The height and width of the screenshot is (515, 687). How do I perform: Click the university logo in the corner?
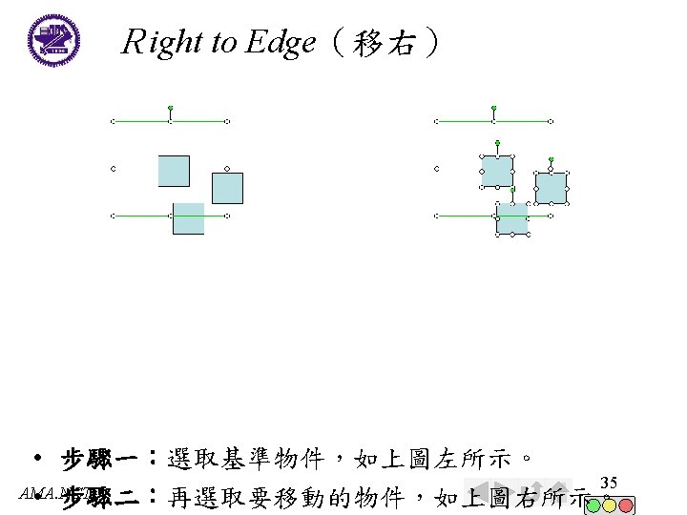point(53,39)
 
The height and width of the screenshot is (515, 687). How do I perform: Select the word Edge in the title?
point(280,42)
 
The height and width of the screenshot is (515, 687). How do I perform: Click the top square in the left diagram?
point(174,171)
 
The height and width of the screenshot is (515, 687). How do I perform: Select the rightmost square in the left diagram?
point(227,188)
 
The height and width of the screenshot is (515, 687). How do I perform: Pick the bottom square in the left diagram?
point(188,218)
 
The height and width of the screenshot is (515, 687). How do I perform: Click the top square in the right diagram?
point(497,171)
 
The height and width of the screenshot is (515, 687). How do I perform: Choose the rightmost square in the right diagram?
point(551,188)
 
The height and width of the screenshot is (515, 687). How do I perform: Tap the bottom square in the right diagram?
point(512,218)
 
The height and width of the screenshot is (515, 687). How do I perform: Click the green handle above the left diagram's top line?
point(170,108)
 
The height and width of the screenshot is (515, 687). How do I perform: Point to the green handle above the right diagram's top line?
point(493,108)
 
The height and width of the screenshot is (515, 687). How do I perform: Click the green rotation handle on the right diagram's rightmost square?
point(551,159)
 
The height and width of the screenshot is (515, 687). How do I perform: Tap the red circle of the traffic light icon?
point(626,504)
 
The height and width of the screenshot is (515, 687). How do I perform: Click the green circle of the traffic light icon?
point(593,504)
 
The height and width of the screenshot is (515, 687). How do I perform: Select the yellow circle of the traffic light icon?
point(610,504)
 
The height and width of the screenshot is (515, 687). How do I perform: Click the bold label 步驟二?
point(100,497)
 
